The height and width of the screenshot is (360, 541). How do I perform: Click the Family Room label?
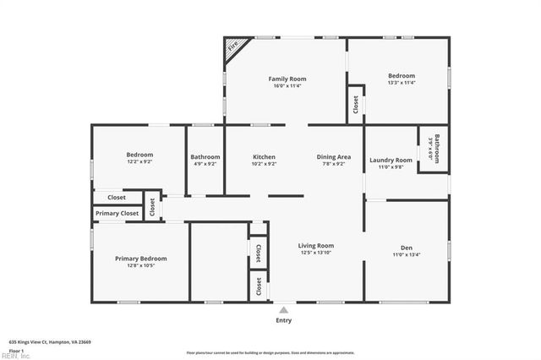tap(287, 77)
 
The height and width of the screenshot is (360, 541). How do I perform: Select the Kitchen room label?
tap(264, 157)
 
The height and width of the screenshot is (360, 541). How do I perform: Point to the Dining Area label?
tap(334, 157)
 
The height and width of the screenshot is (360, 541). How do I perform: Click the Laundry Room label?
tap(391, 160)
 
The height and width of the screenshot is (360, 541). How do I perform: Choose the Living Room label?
tap(315, 246)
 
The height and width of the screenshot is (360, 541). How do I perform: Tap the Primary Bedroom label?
tap(140, 259)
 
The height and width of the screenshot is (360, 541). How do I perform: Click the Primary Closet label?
tap(117, 214)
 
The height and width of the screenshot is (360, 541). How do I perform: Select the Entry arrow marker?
tap(283, 310)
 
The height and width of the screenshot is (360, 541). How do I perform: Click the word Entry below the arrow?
tap(283, 320)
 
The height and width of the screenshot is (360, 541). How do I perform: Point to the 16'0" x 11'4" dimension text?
tap(287, 85)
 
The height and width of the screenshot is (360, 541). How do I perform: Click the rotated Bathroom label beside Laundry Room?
tap(437, 148)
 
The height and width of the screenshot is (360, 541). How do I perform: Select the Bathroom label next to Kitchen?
tap(205, 157)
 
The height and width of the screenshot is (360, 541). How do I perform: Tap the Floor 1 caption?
tap(17, 349)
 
